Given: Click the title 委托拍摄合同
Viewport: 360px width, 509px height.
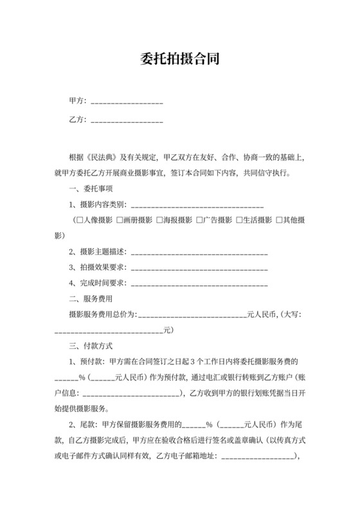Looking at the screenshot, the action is click(180, 60).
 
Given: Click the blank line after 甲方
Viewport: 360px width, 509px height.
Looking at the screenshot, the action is click(127, 102).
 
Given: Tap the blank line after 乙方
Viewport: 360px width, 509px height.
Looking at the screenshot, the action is click(127, 120).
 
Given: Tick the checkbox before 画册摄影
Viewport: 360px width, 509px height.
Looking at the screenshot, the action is click(120, 220).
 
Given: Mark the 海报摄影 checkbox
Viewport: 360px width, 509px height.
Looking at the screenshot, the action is click(159, 220).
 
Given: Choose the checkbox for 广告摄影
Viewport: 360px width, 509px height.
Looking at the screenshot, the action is click(199, 220).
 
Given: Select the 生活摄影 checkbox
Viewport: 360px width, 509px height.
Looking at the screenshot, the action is click(239, 220).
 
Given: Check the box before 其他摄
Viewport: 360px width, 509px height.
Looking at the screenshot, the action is click(279, 220).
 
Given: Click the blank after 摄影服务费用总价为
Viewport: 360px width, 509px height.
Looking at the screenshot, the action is click(192, 315).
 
